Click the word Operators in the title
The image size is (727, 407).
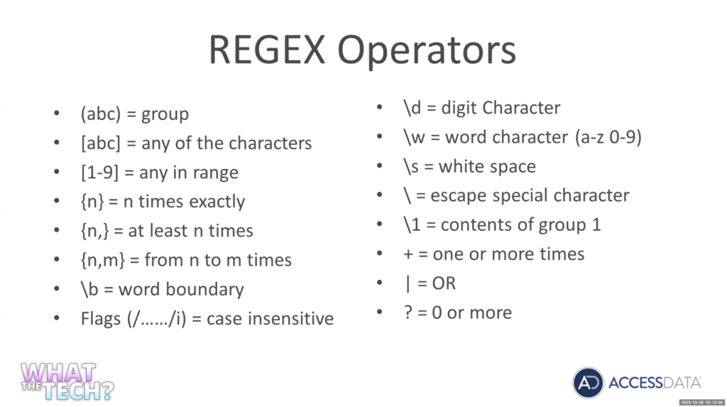(427, 51)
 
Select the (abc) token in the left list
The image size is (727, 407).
(101, 114)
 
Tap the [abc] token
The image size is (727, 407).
(101, 143)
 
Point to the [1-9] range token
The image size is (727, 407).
(99, 172)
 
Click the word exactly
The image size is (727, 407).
(217, 202)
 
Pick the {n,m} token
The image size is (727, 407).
(102, 260)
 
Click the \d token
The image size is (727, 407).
(412, 108)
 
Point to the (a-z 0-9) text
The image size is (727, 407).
(608, 137)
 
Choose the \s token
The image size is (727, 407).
(411, 167)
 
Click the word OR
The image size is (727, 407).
(444, 283)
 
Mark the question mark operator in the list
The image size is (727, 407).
(408, 313)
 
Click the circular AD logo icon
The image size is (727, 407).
(589, 383)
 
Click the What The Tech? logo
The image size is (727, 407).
(67, 381)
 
